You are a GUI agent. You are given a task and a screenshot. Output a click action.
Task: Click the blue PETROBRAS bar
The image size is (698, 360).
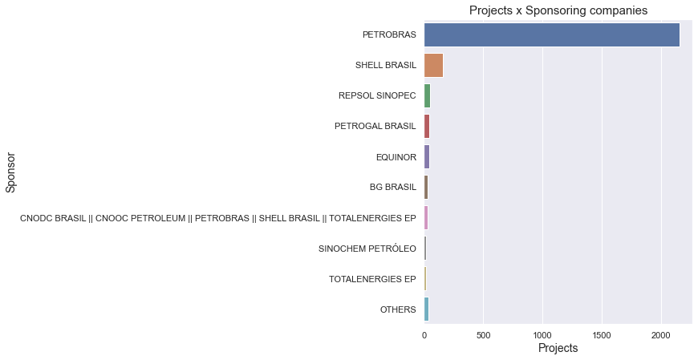click(551, 35)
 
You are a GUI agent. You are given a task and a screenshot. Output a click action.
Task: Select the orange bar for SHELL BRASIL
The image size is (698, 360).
click(433, 66)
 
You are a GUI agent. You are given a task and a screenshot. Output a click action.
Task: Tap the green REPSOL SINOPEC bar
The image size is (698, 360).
click(427, 96)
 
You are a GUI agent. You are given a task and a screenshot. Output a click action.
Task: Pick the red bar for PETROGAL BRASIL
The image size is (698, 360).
click(427, 127)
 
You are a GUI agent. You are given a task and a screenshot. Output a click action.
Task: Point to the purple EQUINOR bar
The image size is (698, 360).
click(427, 157)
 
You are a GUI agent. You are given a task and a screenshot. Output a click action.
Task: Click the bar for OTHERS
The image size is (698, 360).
click(426, 309)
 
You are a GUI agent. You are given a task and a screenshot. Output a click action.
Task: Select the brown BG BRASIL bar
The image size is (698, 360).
click(426, 188)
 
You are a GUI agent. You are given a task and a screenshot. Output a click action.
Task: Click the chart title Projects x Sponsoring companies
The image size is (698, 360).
click(558, 10)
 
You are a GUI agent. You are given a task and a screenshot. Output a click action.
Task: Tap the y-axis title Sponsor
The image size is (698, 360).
click(10, 172)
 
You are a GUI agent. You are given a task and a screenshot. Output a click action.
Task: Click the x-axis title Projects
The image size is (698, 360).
click(558, 349)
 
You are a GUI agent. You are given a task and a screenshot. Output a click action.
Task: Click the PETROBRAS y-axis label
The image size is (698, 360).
click(389, 35)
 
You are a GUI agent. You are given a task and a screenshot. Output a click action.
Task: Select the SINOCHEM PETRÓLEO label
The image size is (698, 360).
click(367, 249)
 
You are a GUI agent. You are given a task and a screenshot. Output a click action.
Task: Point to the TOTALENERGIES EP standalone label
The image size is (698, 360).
click(372, 279)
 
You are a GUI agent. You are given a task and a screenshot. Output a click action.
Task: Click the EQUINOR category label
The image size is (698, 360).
click(396, 157)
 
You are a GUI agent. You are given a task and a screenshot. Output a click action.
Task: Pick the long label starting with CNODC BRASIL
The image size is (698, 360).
click(217, 218)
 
